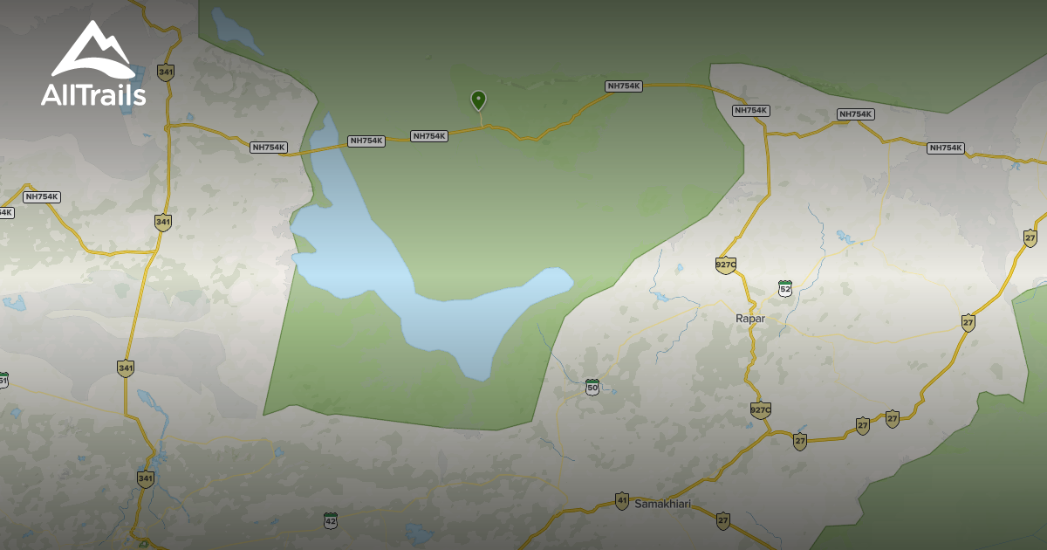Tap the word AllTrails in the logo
pyautogui.click(x=92, y=95)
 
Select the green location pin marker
pyautogui.click(x=478, y=100)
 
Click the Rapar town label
pyautogui.click(x=750, y=319)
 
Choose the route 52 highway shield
pyautogui.click(x=785, y=288)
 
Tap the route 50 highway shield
pyautogui.click(x=592, y=386)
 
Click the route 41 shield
pyautogui.click(x=621, y=501)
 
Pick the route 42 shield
pyautogui.click(x=330, y=520)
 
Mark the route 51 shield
pyautogui.click(x=3, y=381)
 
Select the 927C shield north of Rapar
pyautogui.click(x=726, y=265)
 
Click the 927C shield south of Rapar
pyautogui.click(x=761, y=409)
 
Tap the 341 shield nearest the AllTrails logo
pyautogui.click(x=164, y=72)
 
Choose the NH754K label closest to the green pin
pyautogui.click(x=429, y=136)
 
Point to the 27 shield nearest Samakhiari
pyautogui.click(x=722, y=520)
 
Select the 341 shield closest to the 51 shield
pyautogui.click(x=126, y=368)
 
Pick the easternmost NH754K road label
pyautogui.click(x=945, y=148)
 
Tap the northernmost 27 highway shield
pyautogui.click(x=1030, y=237)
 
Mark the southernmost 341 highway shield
pyautogui.click(x=145, y=478)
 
